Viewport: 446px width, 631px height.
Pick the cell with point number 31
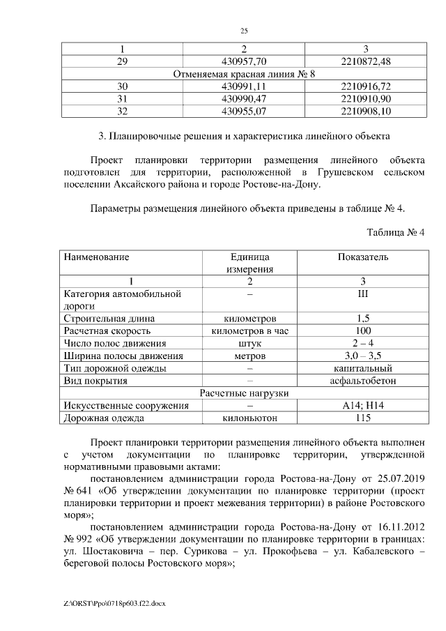pos(123,98)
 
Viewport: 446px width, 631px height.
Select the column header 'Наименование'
pos(97,257)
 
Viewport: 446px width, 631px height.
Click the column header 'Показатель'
pos(363,257)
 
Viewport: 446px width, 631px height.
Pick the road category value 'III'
pos(363,294)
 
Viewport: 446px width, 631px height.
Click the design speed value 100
pos(363,330)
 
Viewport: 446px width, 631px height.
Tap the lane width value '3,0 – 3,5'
pos(363,356)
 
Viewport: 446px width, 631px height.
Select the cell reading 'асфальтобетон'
pos(363,381)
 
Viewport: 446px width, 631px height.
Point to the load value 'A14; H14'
pos(363,406)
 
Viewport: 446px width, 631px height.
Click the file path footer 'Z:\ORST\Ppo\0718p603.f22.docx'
pos(112,601)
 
